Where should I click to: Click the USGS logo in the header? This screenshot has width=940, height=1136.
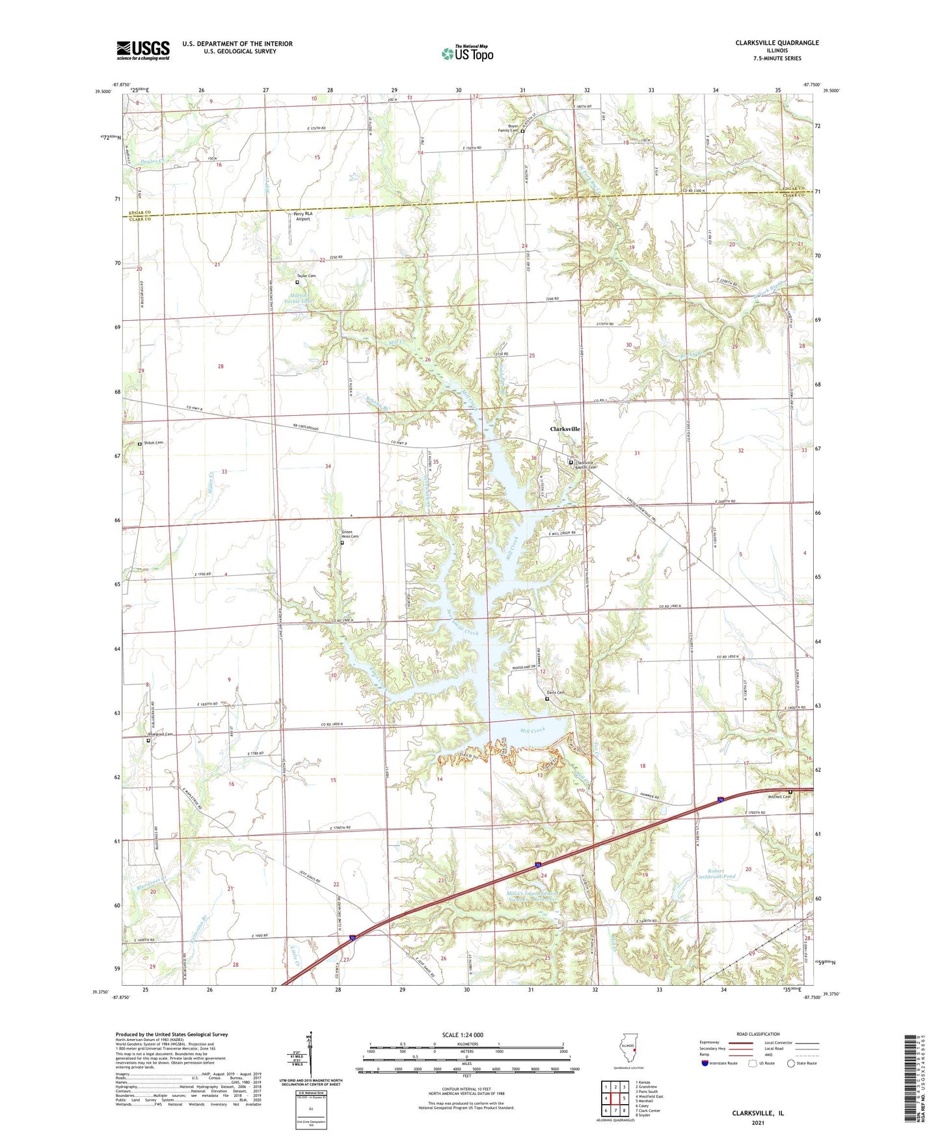(143, 50)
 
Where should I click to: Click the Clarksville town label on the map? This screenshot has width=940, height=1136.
(565, 429)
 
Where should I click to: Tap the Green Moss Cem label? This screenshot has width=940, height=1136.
(348, 535)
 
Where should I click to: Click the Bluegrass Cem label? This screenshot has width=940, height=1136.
(161, 735)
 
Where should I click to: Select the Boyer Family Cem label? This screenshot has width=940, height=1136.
(508, 128)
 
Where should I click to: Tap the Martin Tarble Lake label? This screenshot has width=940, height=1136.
(299, 299)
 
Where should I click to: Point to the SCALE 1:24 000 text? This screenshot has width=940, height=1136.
(463, 1035)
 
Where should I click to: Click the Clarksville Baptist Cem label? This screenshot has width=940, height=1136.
(585, 465)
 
